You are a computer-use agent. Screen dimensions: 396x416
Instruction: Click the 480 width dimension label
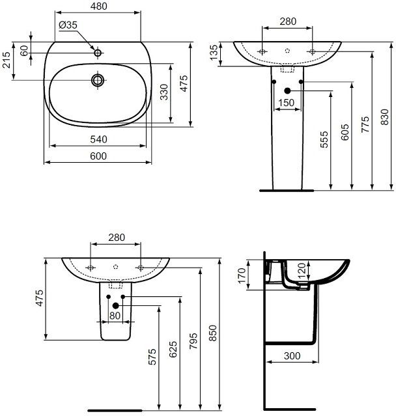[99, 6]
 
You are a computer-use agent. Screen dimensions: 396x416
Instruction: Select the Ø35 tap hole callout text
[68, 25]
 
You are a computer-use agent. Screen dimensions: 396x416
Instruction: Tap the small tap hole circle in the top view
[98, 53]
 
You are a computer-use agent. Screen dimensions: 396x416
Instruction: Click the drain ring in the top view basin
[98, 80]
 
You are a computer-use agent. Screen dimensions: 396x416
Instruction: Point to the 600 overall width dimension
[98, 156]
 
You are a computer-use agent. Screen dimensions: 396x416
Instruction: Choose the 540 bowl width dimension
[98, 139]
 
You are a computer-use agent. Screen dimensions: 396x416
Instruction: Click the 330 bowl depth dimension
[165, 92]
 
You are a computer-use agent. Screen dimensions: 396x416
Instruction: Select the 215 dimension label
[6, 60]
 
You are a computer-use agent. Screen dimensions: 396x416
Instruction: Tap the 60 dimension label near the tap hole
[24, 50]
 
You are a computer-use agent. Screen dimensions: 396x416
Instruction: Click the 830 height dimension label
[384, 117]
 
